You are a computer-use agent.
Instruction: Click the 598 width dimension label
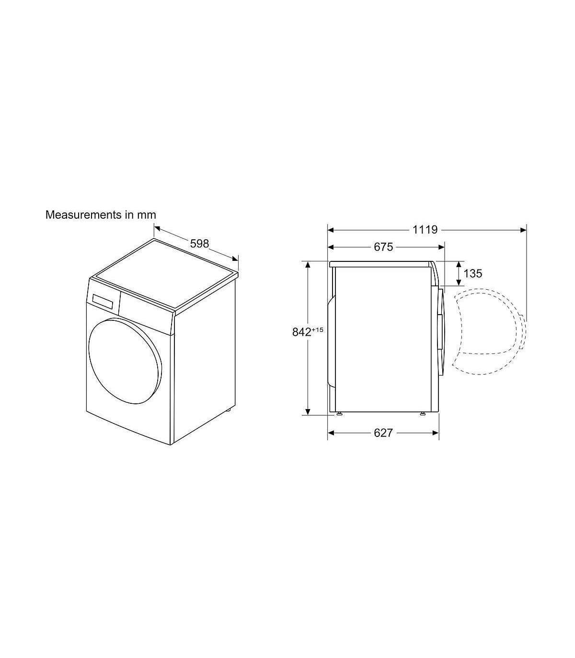pos(199,244)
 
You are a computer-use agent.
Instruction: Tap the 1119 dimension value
pos(425,230)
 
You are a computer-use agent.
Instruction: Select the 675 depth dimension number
pos(383,247)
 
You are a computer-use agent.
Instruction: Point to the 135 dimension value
pos(473,273)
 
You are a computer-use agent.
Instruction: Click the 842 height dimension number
pos(301,332)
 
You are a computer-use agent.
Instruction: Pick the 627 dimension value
pos(383,433)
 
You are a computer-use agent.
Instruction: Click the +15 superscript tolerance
pos(317,329)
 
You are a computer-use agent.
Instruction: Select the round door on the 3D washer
pos(125,361)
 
